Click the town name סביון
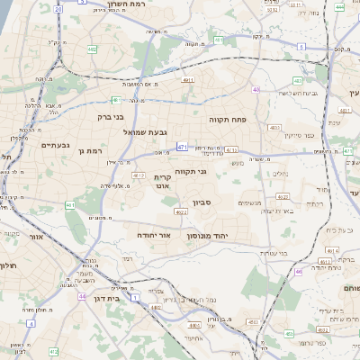202,203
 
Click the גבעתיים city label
56,144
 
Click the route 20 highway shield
58,8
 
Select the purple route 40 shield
256,90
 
